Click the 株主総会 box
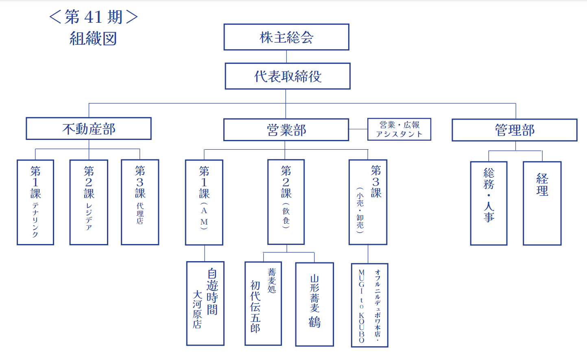(286, 37)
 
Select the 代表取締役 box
(288, 76)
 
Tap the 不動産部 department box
(89, 129)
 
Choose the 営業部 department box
(286, 130)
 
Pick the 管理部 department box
(515, 130)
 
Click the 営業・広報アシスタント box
(399, 129)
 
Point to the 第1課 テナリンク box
(35, 202)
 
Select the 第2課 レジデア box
(89, 202)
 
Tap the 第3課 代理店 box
(140, 202)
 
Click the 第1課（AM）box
(204, 202)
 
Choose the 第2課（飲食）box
(286, 202)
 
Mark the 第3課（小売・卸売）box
(368, 202)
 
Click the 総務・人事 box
(489, 203)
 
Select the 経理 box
(542, 203)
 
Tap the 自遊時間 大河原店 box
(205, 303)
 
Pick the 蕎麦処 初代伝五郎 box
(263, 303)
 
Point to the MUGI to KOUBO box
(369, 305)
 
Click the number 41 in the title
(93, 17)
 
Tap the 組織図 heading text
(93, 39)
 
